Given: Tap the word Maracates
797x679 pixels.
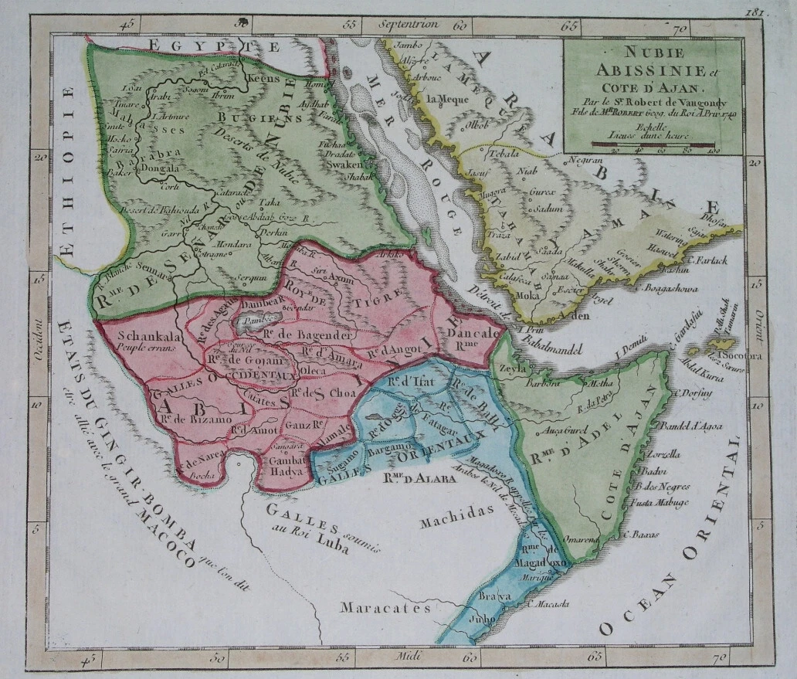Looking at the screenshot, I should (387, 607).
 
